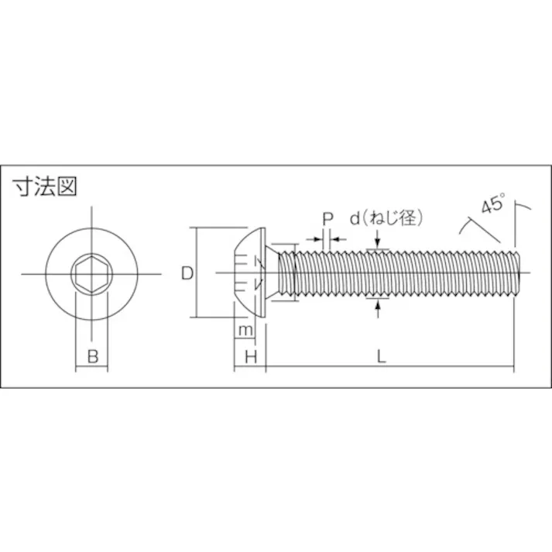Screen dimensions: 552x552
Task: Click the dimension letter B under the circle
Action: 91,357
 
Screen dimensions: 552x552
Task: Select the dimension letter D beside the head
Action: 187,273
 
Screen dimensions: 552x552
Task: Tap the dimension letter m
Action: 245,331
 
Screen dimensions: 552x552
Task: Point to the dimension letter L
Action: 381,356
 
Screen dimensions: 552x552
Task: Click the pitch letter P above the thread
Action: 327,219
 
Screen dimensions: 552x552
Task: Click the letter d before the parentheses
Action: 354,219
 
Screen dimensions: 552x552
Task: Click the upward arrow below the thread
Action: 377,309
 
